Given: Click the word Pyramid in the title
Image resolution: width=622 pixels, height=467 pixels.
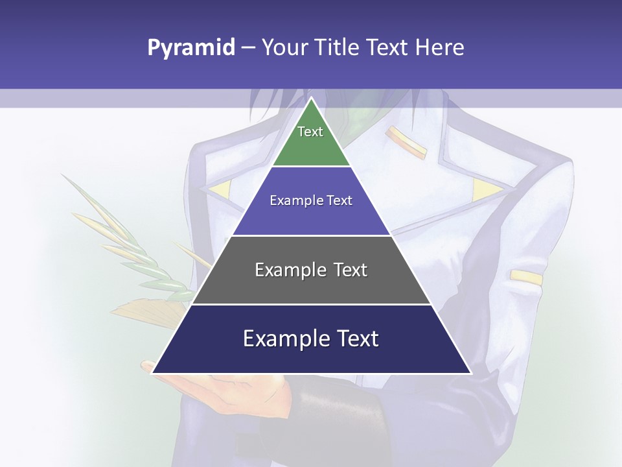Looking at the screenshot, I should [190, 48].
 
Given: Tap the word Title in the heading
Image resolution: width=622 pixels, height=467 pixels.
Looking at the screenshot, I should [338, 47].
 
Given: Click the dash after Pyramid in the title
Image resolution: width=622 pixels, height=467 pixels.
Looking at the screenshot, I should [248, 48].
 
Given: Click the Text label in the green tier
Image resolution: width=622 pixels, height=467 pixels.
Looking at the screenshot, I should [310, 132].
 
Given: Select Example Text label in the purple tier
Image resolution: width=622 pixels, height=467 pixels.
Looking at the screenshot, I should [311, 200].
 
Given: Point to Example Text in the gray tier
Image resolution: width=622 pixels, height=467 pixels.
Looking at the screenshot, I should [311, 270].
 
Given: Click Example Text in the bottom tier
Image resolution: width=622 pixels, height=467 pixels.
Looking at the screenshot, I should [311, 339].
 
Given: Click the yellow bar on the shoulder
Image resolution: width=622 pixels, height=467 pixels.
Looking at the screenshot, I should [407, 143].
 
